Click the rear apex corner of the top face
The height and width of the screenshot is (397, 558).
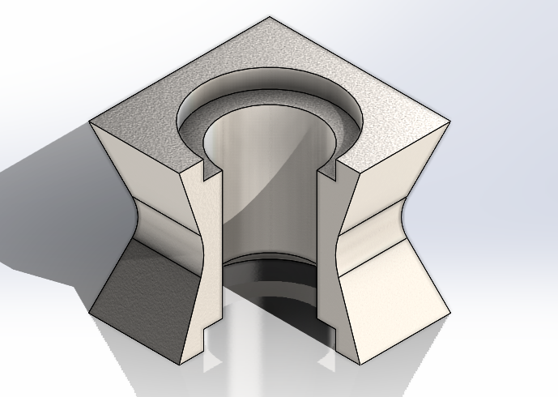point(270,17)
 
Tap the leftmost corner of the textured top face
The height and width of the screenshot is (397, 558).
point(89,122)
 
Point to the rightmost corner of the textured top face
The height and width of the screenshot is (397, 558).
point(449,122)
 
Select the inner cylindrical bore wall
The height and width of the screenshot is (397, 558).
point(267,194)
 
